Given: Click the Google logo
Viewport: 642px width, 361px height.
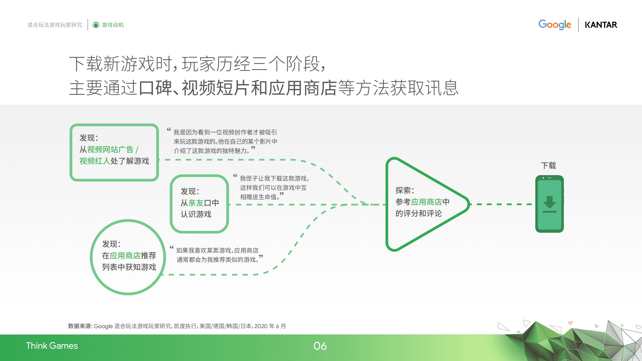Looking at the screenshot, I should click(554, 25).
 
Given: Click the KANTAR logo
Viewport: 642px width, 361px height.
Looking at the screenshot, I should click(601, 25).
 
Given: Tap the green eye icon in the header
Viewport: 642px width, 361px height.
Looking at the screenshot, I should click(96, 25).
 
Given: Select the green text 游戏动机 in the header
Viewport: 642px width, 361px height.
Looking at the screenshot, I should click(113, 25).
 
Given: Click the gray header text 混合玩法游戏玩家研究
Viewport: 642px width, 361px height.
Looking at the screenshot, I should click(55, 25).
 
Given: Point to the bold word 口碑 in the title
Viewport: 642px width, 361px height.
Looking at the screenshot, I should click(155, 88).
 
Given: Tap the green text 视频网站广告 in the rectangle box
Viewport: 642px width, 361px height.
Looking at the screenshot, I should click(110, 150).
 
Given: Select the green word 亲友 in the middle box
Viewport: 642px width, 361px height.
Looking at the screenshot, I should click(196, 203).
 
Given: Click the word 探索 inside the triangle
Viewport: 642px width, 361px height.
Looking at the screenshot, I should click(403, 190).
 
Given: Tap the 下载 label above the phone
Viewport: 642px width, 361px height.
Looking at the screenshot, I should click(548, 166).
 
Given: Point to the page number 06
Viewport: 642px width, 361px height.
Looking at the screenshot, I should click(320, 346).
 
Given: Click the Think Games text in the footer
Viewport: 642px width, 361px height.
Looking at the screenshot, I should click(52, 346).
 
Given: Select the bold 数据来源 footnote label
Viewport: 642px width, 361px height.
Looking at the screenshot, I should click(80, 326).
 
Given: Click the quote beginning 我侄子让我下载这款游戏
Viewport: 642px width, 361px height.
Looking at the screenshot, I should click(273, 188).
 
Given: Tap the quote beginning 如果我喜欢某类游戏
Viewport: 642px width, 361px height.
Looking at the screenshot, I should click(217, 255).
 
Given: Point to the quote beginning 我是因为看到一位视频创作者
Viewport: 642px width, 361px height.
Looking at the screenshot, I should click(225, 141).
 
